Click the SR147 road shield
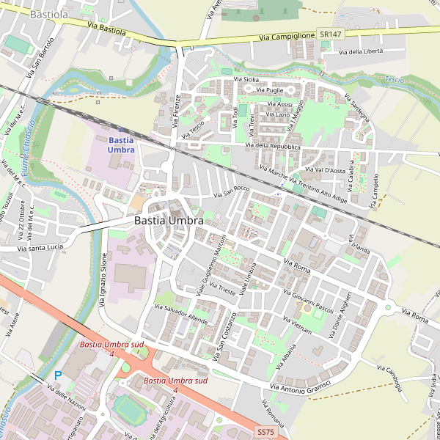(330, 34)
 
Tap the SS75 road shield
(265, 433)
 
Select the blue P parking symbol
(57, 375)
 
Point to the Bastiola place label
(50, 13)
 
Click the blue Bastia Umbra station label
(121, 144)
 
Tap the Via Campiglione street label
(287, 37)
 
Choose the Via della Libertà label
(371, 51)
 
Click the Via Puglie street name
(269, 89)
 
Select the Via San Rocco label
(232, 192)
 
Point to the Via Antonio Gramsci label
(301, 382)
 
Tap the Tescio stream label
(395, 79)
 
